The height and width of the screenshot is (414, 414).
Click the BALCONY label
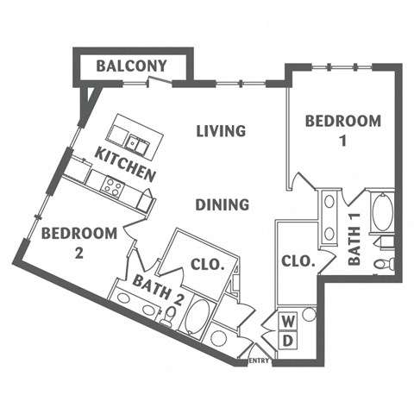coord(131,66)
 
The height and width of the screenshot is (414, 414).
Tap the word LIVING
coord(221,131)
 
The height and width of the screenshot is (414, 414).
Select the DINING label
coord(222,204)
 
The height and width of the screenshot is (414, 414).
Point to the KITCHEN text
coord(126,165)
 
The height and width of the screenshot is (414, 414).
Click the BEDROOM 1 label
coord(342,130)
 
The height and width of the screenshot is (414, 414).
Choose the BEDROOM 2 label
coord(78,241)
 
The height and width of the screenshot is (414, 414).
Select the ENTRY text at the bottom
coord(259,361)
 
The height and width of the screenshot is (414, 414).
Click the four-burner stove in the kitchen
coord(112,184)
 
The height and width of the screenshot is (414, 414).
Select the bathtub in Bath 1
coord(382,212)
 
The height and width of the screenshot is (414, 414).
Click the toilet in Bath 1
coord(384,262)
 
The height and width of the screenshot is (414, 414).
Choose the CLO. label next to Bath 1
coord(298,260)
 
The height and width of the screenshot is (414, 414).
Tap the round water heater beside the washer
coord(309,315)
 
